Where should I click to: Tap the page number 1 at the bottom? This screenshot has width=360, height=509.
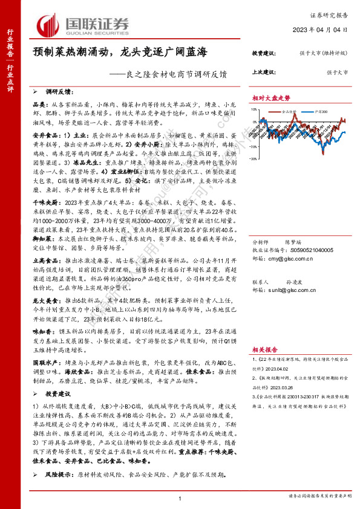pos(180,498)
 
